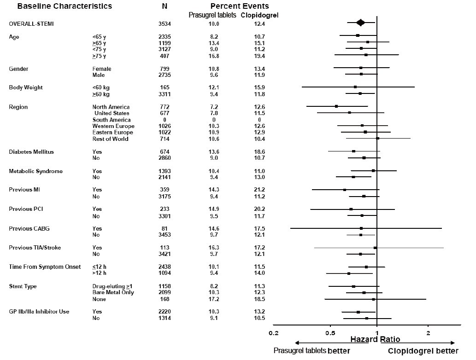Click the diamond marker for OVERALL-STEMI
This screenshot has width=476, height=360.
click(361, 23)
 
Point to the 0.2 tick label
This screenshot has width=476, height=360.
click(273, 333)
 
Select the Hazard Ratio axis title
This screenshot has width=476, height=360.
click(376, 340)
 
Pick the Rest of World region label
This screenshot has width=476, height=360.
click(110, 139)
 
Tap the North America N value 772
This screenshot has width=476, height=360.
click(165, 107)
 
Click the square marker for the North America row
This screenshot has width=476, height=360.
click(336, 106)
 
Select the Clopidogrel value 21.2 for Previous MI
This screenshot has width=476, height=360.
click(259, 190)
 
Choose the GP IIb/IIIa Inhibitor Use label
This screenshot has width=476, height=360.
click(39, 312)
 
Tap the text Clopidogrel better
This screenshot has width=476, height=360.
click(423, 351)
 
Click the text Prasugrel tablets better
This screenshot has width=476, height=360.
click(312, 351)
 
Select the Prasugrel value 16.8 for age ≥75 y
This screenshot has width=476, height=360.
click(213, 56)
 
